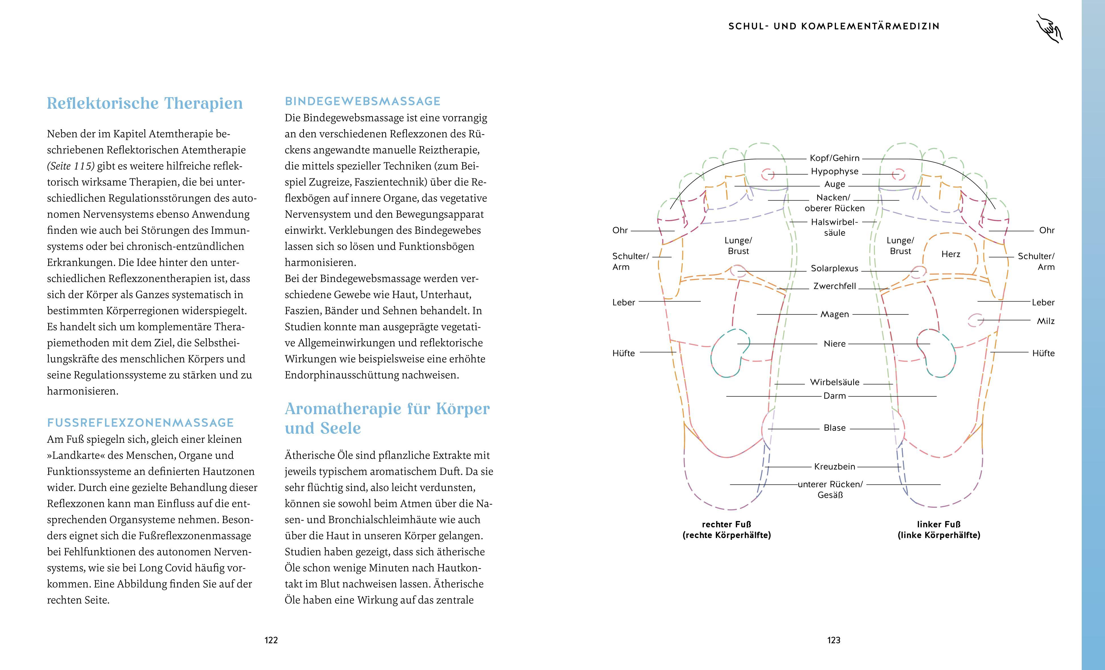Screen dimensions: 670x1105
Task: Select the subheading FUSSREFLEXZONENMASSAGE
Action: click(x=140, y=423)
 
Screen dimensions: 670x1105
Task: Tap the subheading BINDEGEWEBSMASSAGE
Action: click(x=362, y=102)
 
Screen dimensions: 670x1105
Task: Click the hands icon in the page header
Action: click(x=1049, y=29)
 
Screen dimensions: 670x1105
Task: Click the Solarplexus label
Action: click(x=834, y=268)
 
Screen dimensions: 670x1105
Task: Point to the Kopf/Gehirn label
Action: click(x=834, y=158)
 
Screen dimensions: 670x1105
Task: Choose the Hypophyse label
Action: click(x=834, y=171)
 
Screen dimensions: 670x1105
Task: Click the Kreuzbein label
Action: click(x=834, y=467)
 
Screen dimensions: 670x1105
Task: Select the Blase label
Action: click(x=834, y=428)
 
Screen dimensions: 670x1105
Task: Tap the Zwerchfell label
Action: click(x=834, y=286)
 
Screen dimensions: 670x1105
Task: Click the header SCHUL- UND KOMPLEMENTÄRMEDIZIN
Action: click(x=834, y=26)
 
